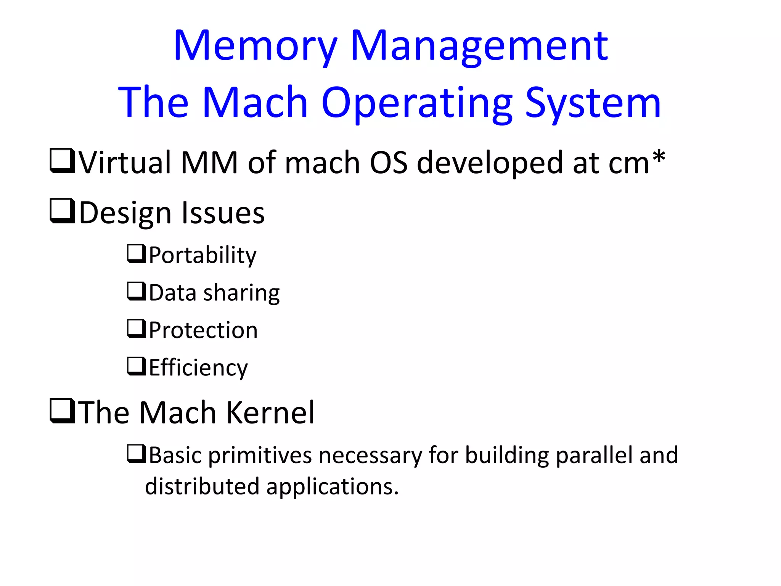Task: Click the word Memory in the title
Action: click(x=255, y=47)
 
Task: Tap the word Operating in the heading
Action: click(x=417, y=103)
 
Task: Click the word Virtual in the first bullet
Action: click(x=125, y=163)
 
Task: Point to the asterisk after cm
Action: click(x=659, y=158)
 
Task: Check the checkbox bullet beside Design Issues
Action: click(x=62, y=211)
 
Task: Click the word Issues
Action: click(x=223, y=213)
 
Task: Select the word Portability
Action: click(x=202, y=255)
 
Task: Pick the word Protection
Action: click(x=203, y=330)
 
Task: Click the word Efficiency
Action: click(x=198, y=368)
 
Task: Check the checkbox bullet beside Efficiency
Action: click(x=136, y=366)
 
